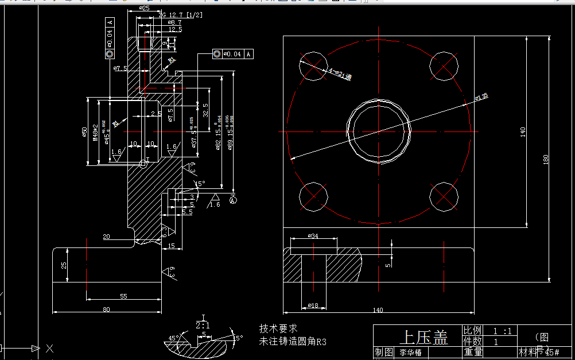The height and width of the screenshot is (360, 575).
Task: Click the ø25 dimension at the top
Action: point(145,9)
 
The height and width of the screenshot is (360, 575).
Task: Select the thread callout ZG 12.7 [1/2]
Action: point(178,14)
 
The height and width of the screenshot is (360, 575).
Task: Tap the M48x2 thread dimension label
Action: point(95,131)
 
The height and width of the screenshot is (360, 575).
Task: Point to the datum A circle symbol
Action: point(232,200)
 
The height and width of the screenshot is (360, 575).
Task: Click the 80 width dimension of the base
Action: point(106,309)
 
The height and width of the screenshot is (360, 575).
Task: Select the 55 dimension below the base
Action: point(123,296)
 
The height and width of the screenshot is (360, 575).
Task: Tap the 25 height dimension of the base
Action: point(64,265)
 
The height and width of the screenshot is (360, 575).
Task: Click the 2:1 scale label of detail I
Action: point(203,325)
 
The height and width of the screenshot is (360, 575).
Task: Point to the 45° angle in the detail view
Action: point(174,338)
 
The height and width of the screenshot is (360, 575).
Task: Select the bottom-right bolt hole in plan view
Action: point(444,197)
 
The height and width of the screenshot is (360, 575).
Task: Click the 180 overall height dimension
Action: point(546,159)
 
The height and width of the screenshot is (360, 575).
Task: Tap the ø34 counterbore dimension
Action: point(313,235)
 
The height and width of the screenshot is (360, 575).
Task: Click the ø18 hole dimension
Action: point(313,305)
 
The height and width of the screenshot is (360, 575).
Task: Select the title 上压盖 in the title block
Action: point(424,338)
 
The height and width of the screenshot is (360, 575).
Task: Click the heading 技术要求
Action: point(278,328)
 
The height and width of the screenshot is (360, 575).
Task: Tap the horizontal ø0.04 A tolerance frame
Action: point(232,54)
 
